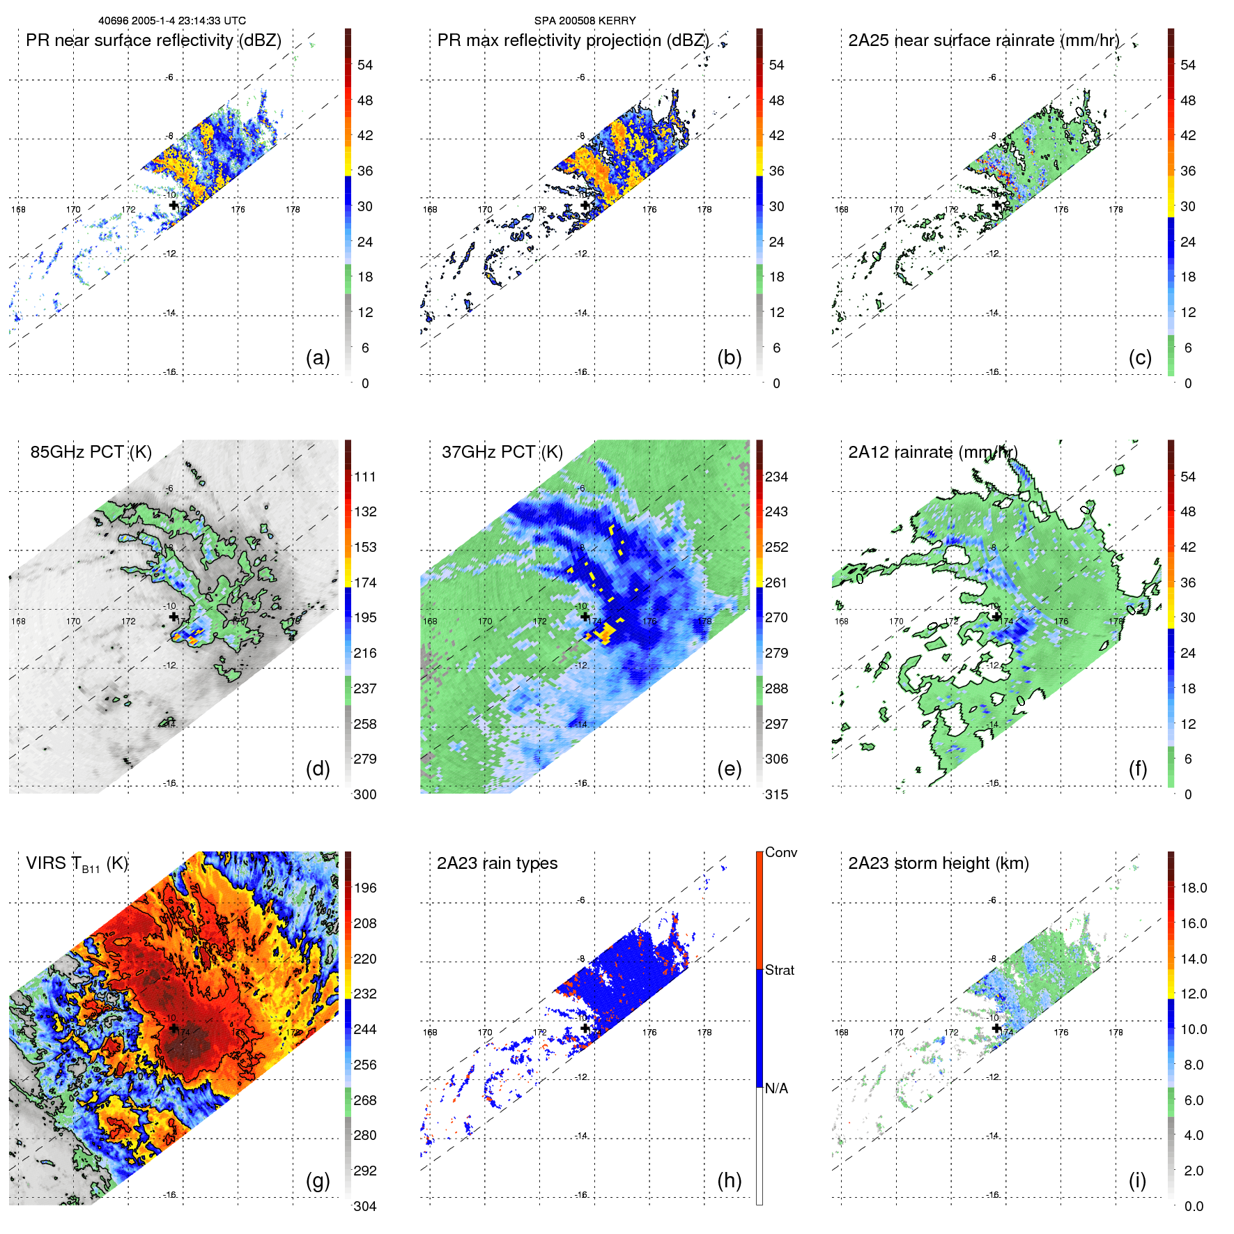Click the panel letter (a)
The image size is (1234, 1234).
[318, 358]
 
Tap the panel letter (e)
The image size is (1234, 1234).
[729, 769]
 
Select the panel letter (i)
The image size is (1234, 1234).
[1137, 1180]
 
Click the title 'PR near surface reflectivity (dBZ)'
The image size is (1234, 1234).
[153, 40]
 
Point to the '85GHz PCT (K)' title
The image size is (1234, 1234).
[91, 452]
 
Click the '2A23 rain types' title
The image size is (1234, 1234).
[497, 863]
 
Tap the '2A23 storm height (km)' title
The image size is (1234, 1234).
[938, 863]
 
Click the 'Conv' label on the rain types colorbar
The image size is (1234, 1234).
[780, 852]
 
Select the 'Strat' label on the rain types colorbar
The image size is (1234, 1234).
[780, 970]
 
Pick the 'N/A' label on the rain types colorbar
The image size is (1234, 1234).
[776, 1088]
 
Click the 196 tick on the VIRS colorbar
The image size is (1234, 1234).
[364, 888]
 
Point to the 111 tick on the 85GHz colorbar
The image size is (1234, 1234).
[364, 477]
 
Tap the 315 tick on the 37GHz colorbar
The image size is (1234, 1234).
[776, 794]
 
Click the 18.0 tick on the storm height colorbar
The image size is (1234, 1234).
[1193, 888]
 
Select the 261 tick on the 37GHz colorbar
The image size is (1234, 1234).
[776, 583]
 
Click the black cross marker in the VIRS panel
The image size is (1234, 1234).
[173, 1028]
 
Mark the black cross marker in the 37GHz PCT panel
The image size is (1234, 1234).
[585, 617]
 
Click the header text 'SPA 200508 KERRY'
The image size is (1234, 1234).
[585, 21]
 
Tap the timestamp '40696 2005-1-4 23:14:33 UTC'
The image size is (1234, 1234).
[172, 21]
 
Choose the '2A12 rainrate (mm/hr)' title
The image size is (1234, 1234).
[932, 452]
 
